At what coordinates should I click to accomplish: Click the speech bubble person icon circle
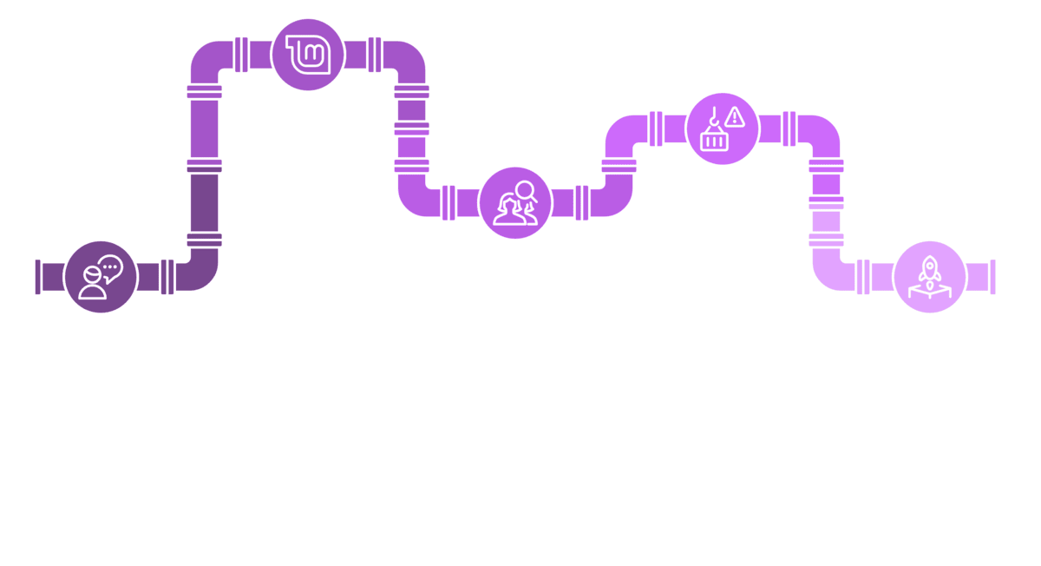coord(101,275)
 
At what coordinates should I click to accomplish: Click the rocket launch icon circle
coord(928,275)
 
